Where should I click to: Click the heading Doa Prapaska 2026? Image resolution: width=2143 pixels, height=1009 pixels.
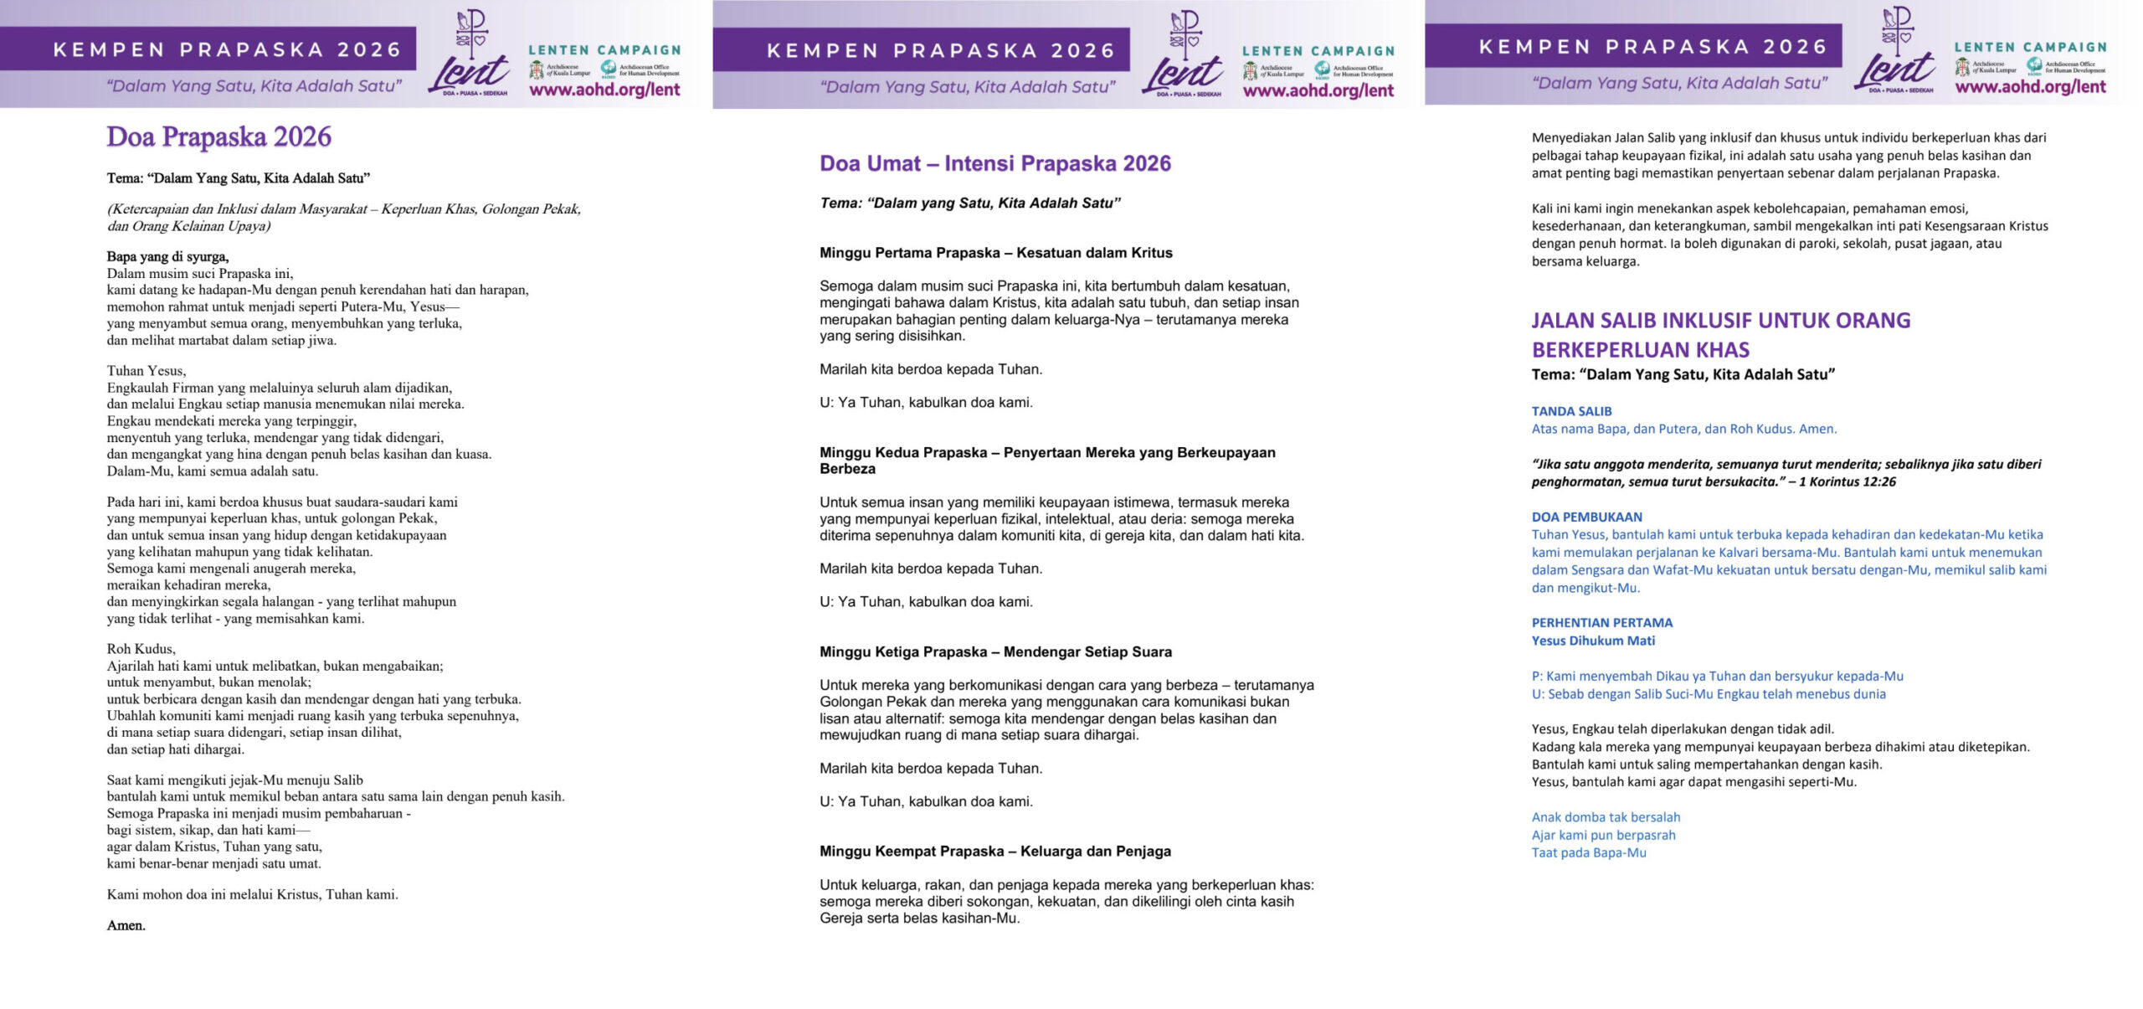[218, 136]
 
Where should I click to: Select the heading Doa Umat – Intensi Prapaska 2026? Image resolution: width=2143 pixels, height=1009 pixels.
[994, 163]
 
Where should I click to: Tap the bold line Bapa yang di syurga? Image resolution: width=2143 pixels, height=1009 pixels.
[167, 256]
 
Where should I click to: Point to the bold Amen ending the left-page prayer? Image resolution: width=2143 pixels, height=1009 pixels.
[126, 925]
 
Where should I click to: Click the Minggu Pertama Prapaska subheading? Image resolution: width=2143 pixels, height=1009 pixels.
[995, 253]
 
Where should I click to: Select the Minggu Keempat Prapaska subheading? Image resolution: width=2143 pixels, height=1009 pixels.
[994, 851]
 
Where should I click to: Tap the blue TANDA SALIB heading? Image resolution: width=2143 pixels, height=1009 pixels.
[1571, 411]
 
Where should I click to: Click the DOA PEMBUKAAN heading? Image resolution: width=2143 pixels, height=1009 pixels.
[1586, 517]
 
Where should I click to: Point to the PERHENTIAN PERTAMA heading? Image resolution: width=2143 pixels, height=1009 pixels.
[1601, 622]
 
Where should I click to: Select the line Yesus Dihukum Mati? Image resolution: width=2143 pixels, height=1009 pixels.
[1593, 641]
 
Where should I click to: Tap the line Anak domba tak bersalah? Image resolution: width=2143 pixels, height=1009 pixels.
[1606, 817]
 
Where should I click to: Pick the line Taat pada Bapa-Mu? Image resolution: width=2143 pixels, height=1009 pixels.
[1588, 852]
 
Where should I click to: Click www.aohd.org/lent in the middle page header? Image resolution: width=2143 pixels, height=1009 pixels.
[1318, 91]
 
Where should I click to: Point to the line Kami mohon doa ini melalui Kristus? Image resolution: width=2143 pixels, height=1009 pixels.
[252, 894]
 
